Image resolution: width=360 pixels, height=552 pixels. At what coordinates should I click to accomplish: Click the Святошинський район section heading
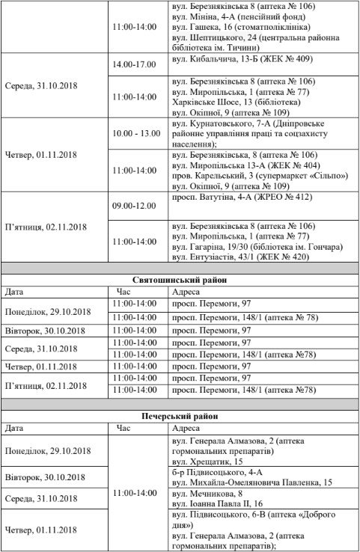click(x=179, y=280)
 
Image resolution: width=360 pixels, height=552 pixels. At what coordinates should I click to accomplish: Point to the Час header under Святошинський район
click(x=124, y=292)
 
